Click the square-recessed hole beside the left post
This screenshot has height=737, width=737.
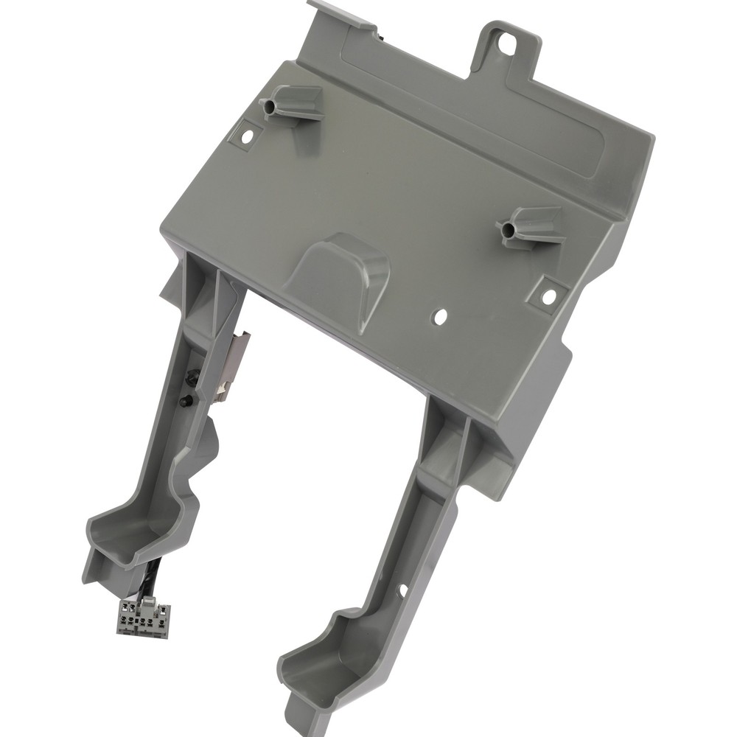click(x=248, y=136)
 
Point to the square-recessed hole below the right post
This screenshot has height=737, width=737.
click(x=548, y=296)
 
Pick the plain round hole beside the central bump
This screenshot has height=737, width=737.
click(x=441, y=317)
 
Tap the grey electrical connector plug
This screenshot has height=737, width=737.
click(x=143, y=617)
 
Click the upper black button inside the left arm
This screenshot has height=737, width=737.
click(x=194, y=377)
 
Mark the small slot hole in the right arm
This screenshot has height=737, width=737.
click(x=403, y=590)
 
